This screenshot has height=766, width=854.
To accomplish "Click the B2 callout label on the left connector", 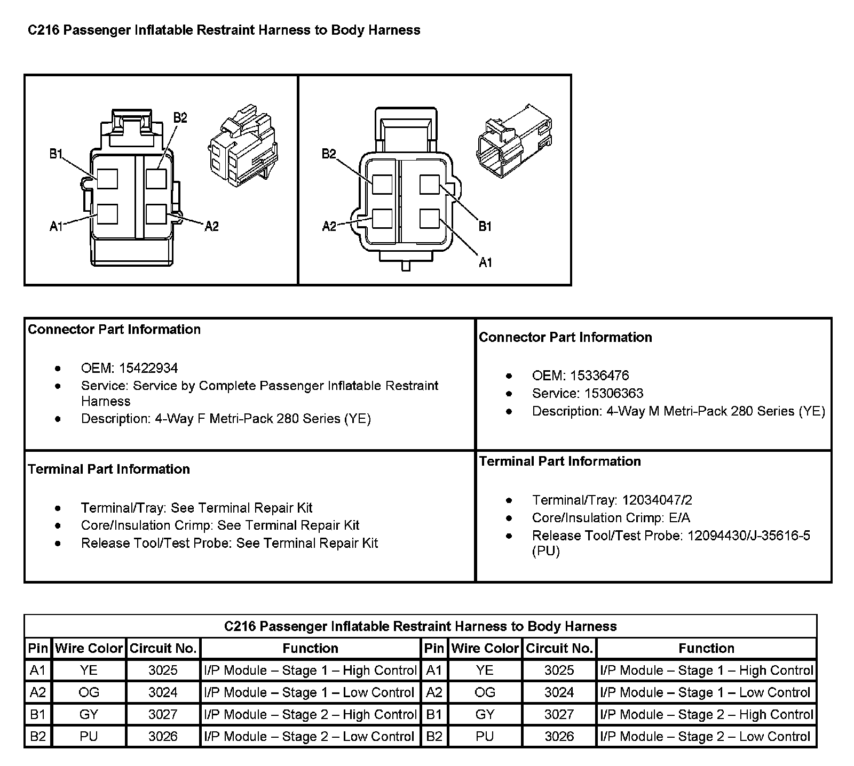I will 180,117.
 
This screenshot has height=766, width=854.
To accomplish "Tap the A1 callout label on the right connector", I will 485,262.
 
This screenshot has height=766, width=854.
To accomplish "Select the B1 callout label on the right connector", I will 485,226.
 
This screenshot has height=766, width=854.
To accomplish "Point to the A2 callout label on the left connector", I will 212,226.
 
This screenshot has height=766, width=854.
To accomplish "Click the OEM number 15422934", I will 148,368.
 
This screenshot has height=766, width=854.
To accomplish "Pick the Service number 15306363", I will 614,394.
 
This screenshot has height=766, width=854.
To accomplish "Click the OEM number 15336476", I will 599,376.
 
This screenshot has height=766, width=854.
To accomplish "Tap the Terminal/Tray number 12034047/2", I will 655,500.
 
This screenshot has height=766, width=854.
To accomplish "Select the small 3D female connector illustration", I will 242,150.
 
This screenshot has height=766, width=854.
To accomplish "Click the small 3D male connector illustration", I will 514,141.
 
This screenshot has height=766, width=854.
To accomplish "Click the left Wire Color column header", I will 89,648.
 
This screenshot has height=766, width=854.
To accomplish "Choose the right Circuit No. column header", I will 559,648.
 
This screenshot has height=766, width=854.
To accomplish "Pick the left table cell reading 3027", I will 163,714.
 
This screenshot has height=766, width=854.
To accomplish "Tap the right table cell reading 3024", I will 559,692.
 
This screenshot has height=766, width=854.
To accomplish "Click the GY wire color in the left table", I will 89,714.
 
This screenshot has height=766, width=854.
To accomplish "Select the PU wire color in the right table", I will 485,737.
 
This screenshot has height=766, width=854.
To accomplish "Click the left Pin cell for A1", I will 38,671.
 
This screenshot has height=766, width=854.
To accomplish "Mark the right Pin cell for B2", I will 434,737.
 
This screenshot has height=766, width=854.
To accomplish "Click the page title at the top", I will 224,30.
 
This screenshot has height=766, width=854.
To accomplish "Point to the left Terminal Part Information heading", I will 109,469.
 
